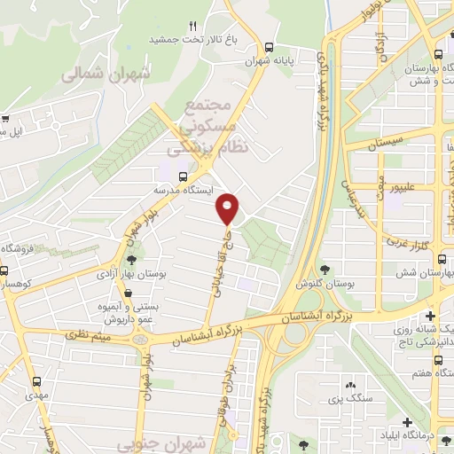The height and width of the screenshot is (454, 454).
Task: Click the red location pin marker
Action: coord(229,208)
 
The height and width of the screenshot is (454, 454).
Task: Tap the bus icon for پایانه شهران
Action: coord(270,47)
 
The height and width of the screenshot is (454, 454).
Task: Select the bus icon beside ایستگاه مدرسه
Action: coord(183,176)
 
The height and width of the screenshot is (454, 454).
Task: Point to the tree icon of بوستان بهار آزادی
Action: coord(131,260)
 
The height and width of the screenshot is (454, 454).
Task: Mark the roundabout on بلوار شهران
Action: coord(140,339)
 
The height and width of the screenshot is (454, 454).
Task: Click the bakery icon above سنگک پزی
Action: coord(352,384)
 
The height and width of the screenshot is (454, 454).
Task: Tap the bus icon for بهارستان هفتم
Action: coord(440,360)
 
